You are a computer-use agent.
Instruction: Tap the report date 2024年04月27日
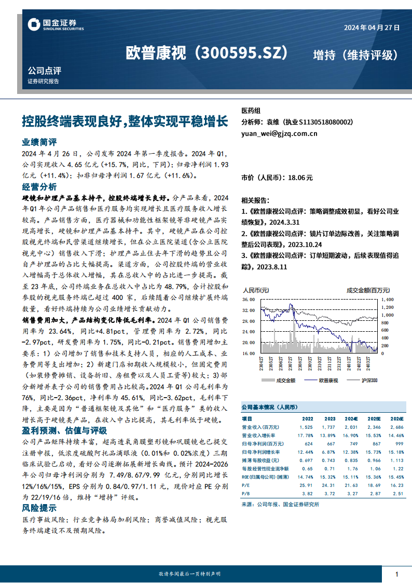[372, 29]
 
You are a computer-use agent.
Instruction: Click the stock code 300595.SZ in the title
[242, 53]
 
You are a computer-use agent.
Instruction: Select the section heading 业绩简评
[39, 142]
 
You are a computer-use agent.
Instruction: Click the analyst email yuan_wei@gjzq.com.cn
[279, 133]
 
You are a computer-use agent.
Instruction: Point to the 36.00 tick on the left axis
[248, 300]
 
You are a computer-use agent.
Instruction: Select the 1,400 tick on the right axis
[388, 300]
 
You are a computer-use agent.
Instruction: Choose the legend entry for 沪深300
[369, 381]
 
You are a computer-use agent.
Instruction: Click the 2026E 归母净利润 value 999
[397, 443]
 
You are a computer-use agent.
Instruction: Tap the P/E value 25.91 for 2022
[306, 484]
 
